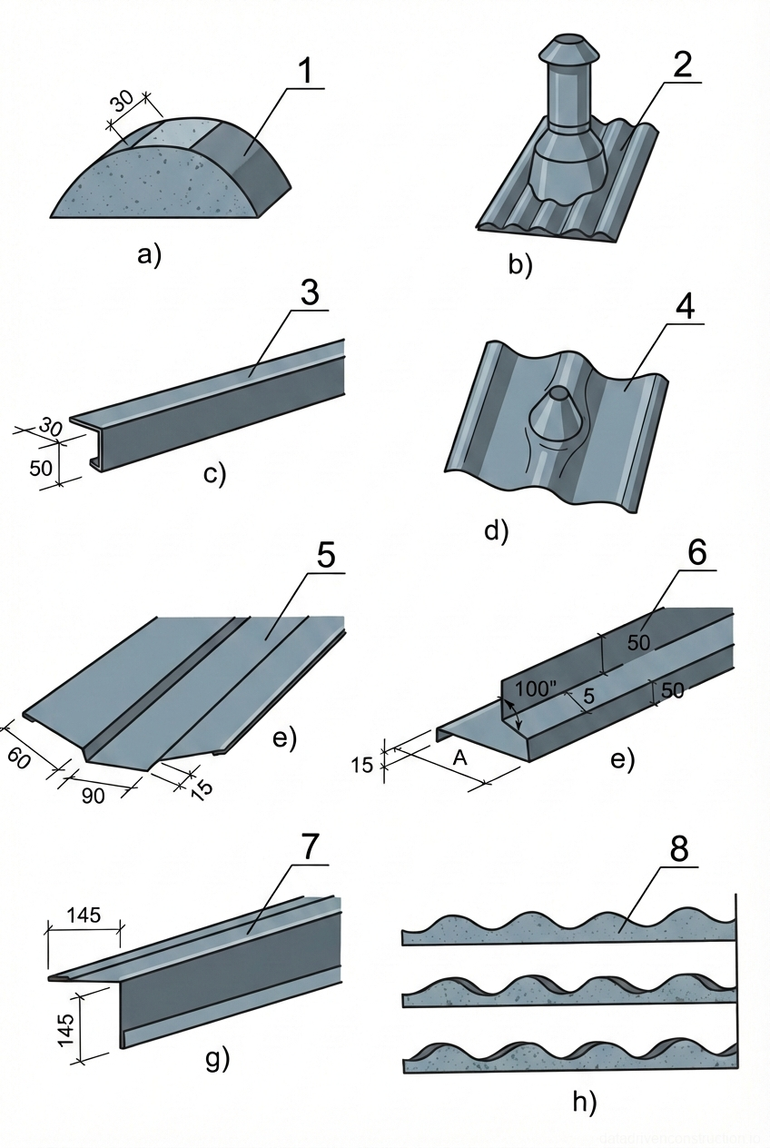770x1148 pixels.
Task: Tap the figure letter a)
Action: pos(148,254)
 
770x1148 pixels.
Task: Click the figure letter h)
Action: pos(585,1103)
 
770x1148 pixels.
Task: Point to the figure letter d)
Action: pos(496,529)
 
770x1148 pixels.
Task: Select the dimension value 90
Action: pos(93,796)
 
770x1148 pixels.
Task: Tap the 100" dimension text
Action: pos(537,687)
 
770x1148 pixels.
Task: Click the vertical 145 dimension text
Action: pos(66,1029)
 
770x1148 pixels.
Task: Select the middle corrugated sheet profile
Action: pos(568,994)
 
